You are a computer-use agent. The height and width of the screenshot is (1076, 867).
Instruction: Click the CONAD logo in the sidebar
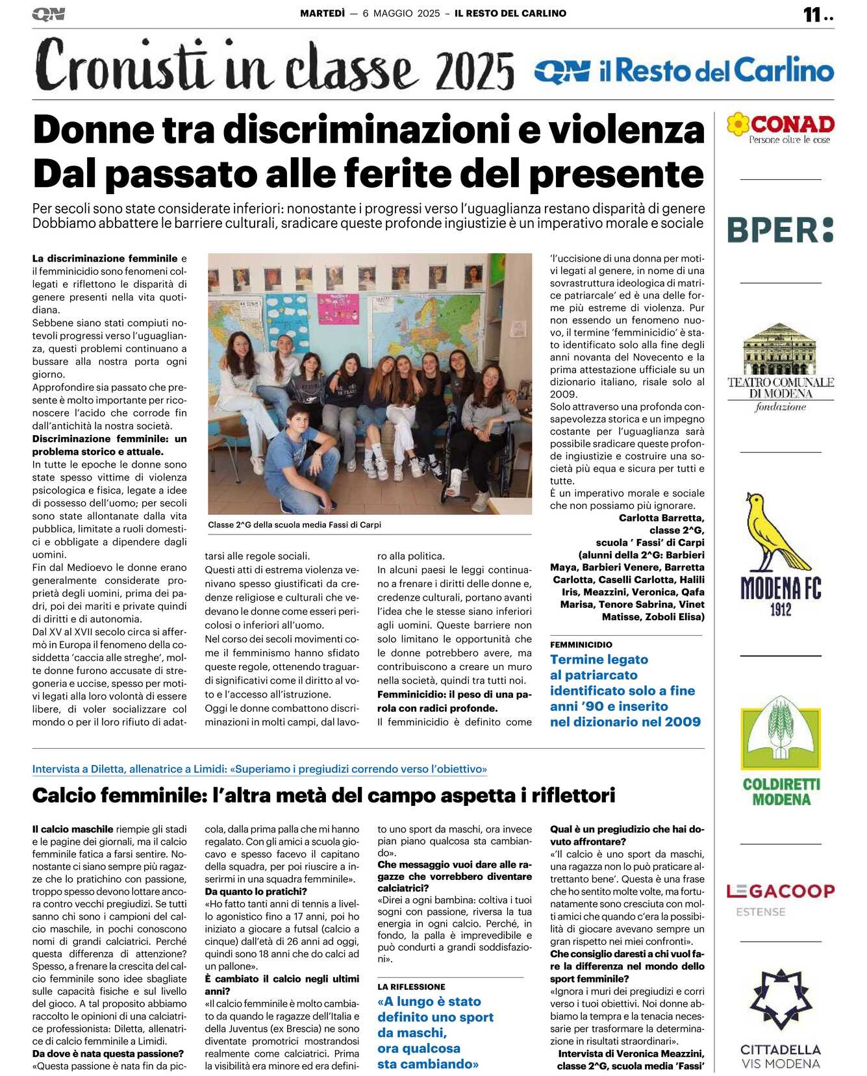tap(780, 127)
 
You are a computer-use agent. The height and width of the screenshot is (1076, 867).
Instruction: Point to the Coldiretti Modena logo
tap(781, 757)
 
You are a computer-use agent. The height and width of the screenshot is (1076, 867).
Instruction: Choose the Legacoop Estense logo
tap(780, 898)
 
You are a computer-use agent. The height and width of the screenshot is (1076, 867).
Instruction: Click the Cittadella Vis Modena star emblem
tap(781, 1000)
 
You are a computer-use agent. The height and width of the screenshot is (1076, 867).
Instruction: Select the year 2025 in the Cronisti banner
tap(475, 71)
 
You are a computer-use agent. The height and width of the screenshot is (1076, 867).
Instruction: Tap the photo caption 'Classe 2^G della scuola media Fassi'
tap(295, 525)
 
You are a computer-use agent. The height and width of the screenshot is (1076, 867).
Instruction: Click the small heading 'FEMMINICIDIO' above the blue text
tap(581, 645)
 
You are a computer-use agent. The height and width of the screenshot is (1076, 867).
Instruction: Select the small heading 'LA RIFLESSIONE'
tap(411, 986)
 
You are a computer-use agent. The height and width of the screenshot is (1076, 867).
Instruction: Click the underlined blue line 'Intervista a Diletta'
tap(259, 769)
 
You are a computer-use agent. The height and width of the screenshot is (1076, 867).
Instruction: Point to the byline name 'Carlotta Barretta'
tap(661, 518)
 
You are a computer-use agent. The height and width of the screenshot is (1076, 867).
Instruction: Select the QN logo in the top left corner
tap(49, 14)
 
